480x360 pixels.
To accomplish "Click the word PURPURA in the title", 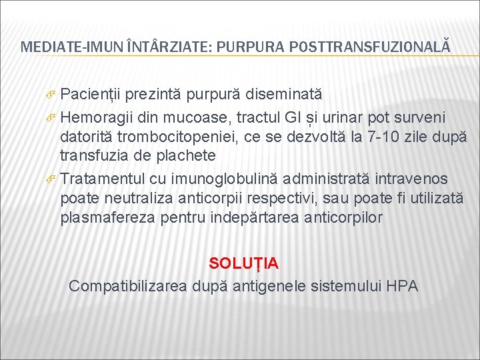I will pos(242,47).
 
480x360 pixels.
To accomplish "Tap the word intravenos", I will pos(411,179).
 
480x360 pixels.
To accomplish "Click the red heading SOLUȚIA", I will pos(244,263).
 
